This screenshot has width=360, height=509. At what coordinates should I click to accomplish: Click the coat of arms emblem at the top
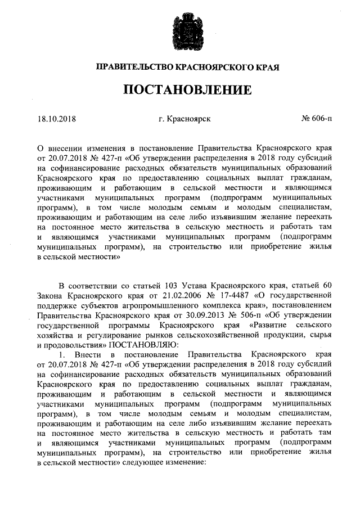click(181, 33)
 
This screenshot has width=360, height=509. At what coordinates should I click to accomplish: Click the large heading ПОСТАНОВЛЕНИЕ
click(181, 89)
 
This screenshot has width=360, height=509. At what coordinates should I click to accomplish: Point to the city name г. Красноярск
click(181, 119)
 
